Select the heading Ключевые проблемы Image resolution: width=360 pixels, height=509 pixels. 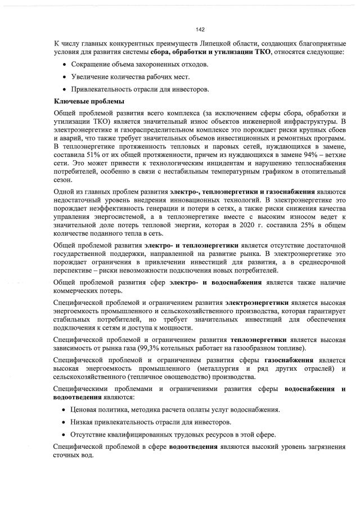click(85, 101)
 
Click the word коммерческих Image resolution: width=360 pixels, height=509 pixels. click(77, 291)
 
